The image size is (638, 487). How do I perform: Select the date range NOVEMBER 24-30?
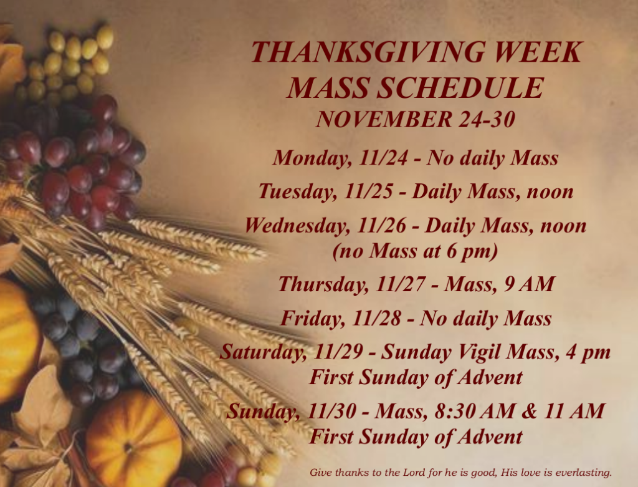(416, 118)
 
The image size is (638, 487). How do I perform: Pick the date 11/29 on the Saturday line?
(341, 352)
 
